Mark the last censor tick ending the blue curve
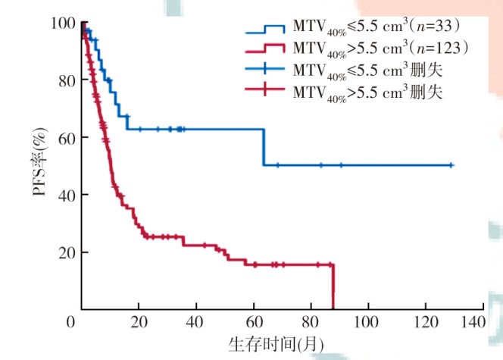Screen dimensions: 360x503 coord(451,164)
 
